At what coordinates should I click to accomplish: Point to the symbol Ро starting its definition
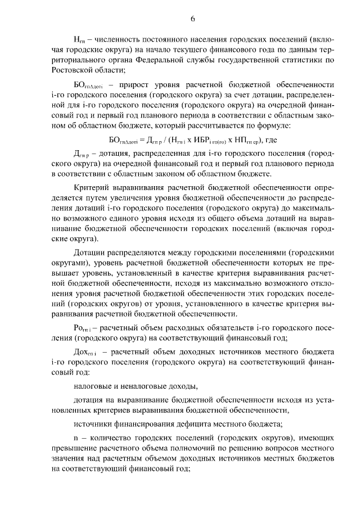point(81,327)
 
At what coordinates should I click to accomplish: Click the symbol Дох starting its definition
point(83,351)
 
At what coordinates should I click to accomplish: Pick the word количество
point(110,437)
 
